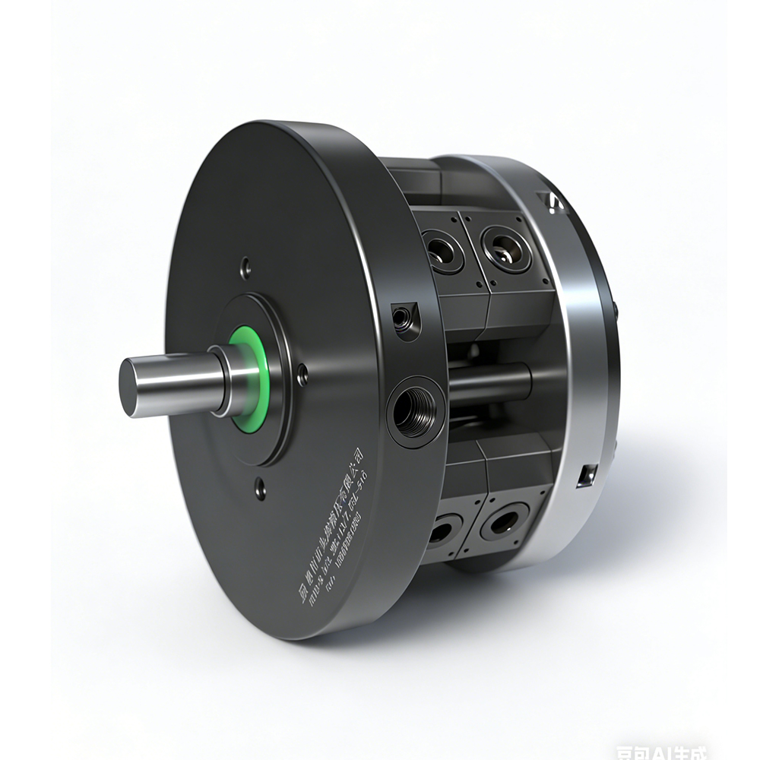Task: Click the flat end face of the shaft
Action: click(x=131, y=388)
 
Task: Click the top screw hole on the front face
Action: click(x=245, y=267)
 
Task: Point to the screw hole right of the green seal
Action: click(x=302, y=374)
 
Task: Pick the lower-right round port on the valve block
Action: click(x=504, y=523)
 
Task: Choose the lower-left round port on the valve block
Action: click(x=443, y=529)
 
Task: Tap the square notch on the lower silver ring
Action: click(x=585, y=476)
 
